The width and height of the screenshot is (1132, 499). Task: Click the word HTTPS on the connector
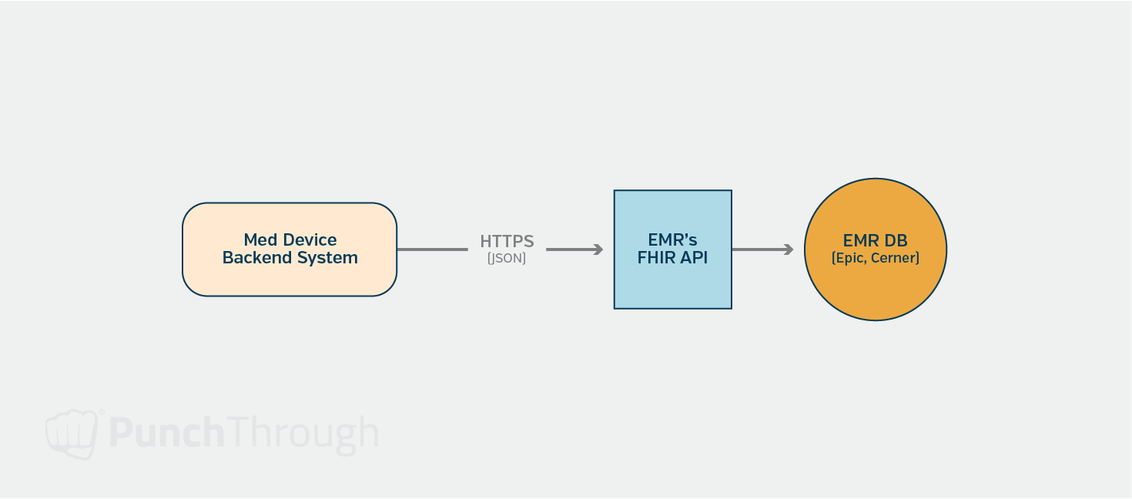point(507,241)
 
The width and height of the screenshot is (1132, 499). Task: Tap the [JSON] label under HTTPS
point(507,259)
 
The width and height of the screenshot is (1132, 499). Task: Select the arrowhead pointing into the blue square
point(598,249)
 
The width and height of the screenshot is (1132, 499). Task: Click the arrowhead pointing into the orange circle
point(788,249)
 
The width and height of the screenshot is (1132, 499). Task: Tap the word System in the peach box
point(329,259)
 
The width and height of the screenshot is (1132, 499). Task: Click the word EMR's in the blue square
point(672,240)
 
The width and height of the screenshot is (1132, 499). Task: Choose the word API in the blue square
point(694,259)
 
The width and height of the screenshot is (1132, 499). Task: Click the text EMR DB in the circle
point(875,241)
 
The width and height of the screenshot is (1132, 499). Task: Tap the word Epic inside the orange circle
point(850,259)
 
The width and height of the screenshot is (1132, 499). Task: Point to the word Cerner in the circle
point(894,259)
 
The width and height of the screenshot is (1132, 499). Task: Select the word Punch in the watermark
point(166,434)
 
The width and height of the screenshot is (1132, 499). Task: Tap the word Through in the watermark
point(302,434)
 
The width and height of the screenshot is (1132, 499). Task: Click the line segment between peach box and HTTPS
point(431,249)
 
